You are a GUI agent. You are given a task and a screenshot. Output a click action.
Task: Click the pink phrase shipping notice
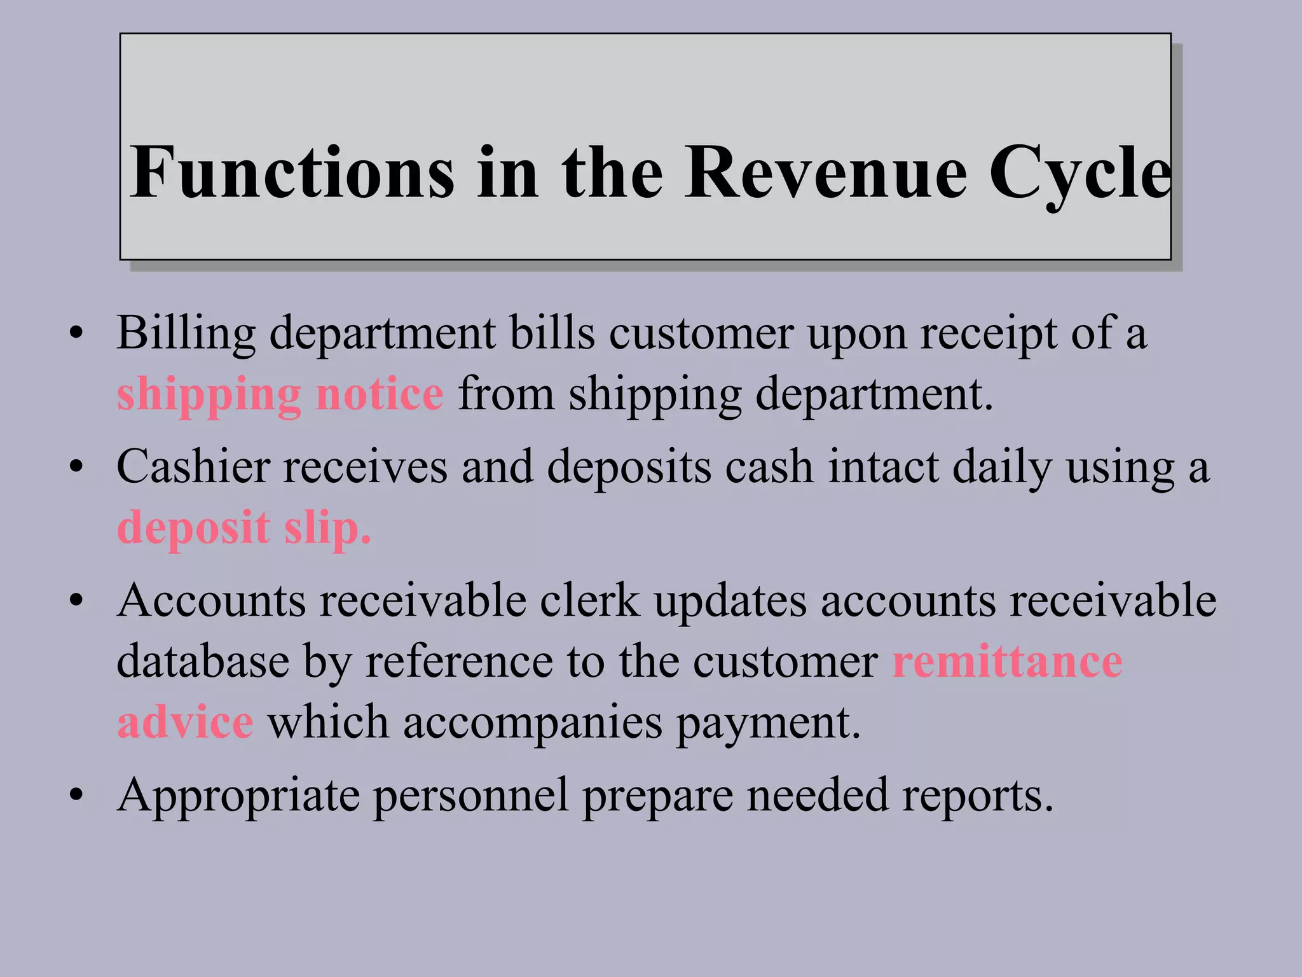point(280,394)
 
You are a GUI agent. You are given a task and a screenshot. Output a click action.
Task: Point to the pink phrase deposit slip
point(244,528)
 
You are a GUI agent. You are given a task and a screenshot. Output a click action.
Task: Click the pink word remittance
point(1007,662)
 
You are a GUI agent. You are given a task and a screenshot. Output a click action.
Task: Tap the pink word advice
point(185,723)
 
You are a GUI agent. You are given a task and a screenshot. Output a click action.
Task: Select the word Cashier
point(193,467)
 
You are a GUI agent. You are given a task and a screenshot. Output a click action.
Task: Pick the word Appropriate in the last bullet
point(238,795)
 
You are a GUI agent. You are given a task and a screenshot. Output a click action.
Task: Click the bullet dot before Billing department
point(77,335)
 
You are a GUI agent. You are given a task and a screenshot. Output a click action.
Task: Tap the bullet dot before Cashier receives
point(77,468)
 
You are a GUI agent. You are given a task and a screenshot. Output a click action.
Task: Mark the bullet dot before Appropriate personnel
point(77,795)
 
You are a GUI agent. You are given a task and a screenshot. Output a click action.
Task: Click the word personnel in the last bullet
point(470,795)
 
